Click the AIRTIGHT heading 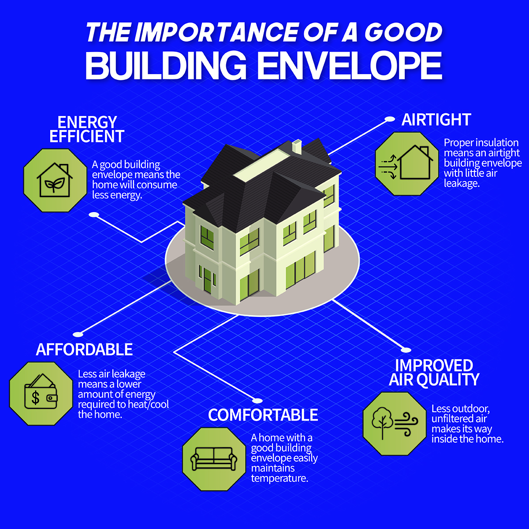[x=436, y=120]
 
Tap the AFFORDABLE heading [x=84, y=350]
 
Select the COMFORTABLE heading [x=263, y=415]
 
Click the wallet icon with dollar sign [x=41, y=394]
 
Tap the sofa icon [x=214, y=459]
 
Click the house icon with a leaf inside [x=55, y=180]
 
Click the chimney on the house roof [x=297, y=146]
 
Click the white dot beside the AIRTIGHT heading [x=390, y=119]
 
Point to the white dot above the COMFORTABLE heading [x=258, y=401]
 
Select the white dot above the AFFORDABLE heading [x=78, y=334]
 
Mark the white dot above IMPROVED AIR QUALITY [x=406, y=350]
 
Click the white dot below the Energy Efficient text [x=93, y=215]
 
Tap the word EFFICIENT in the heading [x=87, y=136]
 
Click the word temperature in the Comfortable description [x=279, y=478]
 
